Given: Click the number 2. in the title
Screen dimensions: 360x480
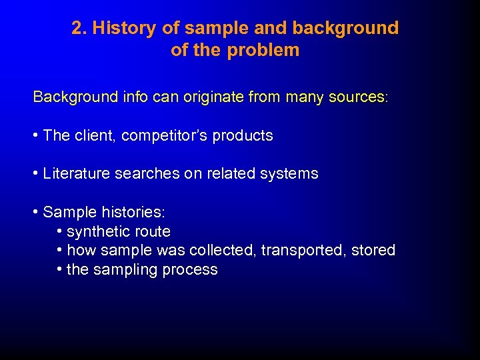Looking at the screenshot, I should [x=79, y=28].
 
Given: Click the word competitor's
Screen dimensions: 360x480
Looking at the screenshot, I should [x=163, y=136].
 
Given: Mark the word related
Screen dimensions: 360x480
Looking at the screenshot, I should [x=230, y=174].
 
